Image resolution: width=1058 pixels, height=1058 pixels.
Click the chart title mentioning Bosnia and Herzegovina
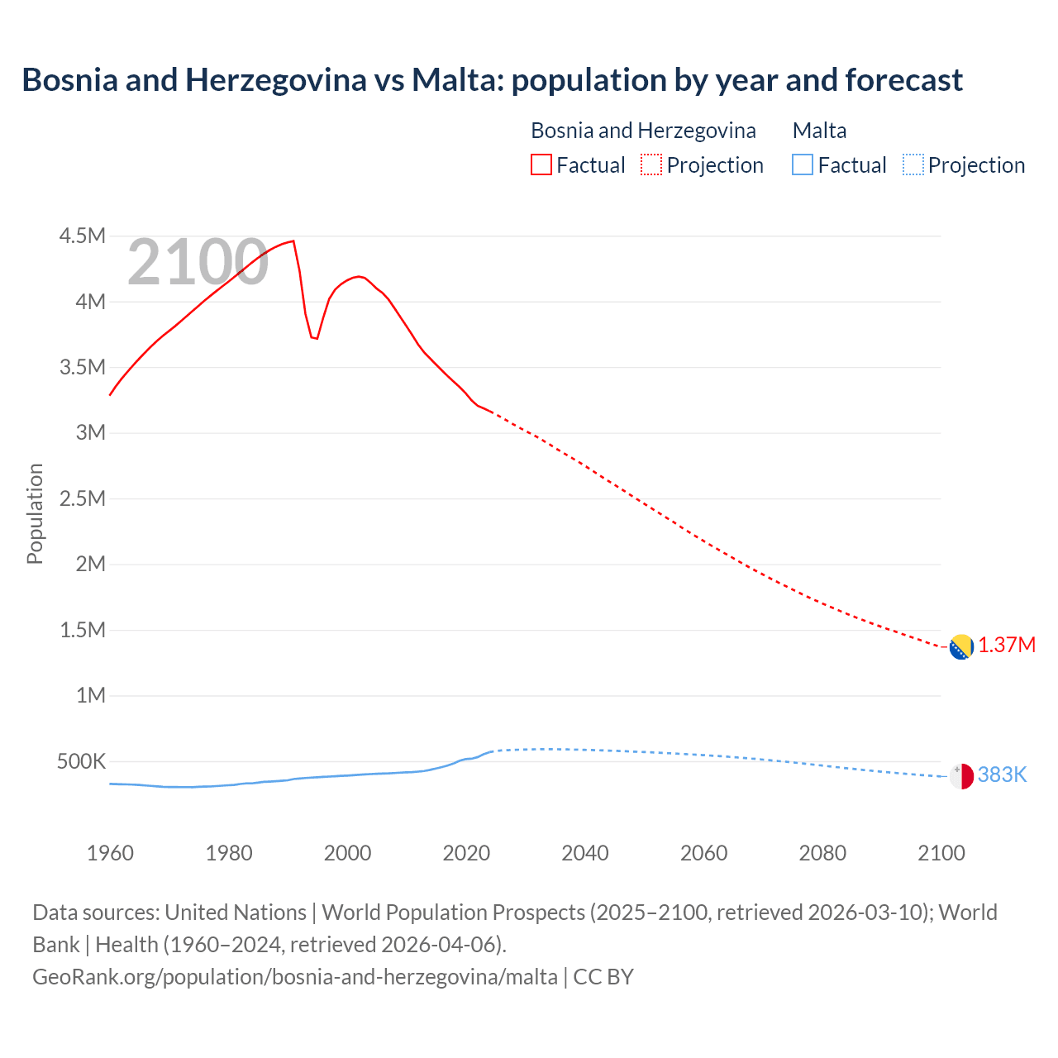point(492,80)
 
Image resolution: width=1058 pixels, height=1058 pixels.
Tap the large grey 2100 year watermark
point(198,262)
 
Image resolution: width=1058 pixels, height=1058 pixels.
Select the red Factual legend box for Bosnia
point(541,164)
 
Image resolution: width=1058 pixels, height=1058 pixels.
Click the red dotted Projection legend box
point(651,164)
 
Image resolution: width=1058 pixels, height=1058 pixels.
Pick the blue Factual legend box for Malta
point(803,164)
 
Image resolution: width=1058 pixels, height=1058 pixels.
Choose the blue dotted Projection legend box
point(913,164)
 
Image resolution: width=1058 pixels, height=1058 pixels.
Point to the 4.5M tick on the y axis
point(82,236)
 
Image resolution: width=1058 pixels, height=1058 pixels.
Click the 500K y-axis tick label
point(81,761)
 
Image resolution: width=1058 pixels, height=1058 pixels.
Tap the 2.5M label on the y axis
point(82,498)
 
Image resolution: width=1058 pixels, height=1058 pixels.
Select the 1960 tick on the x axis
point(110,853)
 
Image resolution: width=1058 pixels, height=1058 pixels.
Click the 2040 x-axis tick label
point(585,853)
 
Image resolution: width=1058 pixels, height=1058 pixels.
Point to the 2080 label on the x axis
point(822,853)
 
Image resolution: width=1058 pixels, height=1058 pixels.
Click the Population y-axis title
point(35,513)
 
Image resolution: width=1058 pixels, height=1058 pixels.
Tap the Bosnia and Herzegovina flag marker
point(961,647)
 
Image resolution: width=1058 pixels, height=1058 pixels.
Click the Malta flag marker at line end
point(961,776)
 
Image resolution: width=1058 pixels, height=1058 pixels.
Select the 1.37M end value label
point(1007,646)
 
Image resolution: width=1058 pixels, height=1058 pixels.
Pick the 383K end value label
point(1002,774)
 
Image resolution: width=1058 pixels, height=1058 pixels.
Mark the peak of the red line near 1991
point(293,241)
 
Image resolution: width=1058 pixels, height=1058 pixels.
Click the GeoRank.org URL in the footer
point(295,976)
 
